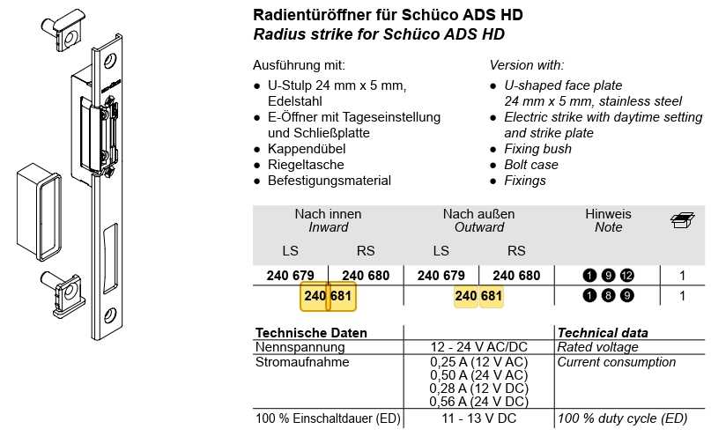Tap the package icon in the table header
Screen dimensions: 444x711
point(682,220)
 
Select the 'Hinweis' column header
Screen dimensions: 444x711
point(608,214)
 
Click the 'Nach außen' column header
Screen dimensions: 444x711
point(478,214)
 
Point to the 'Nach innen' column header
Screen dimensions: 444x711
point(328,214)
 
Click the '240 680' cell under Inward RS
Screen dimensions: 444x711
point(365,276)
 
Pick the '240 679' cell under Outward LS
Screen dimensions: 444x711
point(441,276)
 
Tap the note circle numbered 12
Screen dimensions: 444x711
point(626,276)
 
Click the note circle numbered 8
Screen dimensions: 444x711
point(608,296)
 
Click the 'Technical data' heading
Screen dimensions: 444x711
point(603,333)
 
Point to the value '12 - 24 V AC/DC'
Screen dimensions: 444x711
point(478,348)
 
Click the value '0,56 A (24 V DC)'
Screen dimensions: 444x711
point(478,401)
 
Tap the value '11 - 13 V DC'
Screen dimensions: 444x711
point(478,418)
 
